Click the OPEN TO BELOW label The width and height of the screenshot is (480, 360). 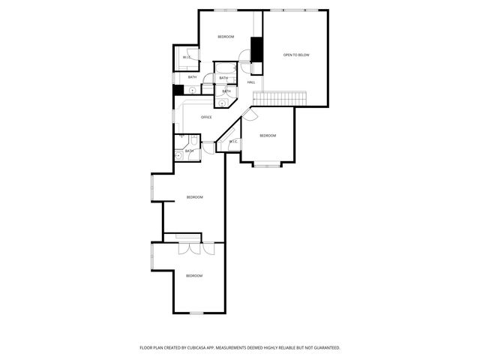tap(296, 55)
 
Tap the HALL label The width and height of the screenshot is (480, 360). tap(250, 82)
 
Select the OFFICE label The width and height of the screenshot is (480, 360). tap(206, 117)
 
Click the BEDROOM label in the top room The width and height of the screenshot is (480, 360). tap(226, 37)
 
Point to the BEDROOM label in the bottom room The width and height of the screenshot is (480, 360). tap(194, 276)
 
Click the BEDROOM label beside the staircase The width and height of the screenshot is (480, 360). tap(268, 136)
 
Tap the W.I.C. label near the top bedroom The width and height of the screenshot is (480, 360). tap(187, 58)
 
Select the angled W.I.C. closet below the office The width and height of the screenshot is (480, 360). tap(232, 141)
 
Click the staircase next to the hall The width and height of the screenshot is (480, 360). tap(280, 98)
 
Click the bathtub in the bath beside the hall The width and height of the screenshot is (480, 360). tap(224, 72)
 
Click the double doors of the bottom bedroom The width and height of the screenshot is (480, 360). tap(192, 250)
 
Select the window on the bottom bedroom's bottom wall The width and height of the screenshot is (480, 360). tap(196, 313)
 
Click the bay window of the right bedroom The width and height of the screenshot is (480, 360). tap(267, 163)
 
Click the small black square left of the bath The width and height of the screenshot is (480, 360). tap(178, 90)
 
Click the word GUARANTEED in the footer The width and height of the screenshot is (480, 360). tap(325, 348)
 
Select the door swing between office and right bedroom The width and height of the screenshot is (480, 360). tap(250, 114)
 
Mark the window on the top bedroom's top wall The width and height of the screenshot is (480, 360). tap(225, 10)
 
